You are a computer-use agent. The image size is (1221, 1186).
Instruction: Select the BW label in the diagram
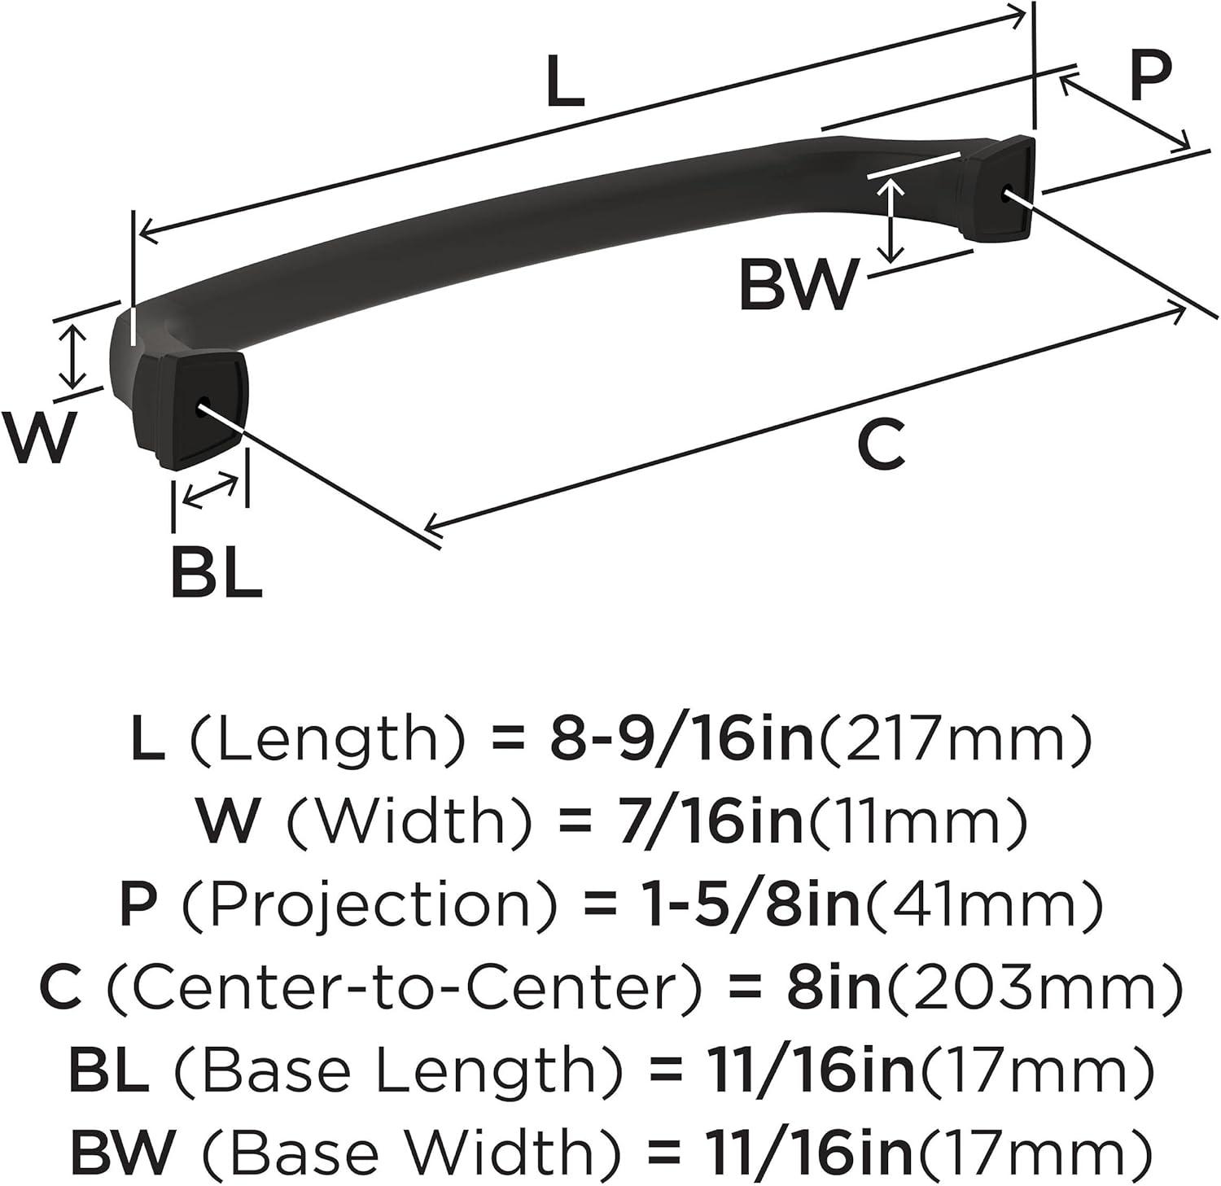point(799,284)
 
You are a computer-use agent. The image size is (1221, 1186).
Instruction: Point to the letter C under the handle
point(882,445)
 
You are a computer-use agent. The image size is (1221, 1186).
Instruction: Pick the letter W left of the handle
point(39,436)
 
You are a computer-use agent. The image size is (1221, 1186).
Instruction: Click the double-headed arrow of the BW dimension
point(893,220)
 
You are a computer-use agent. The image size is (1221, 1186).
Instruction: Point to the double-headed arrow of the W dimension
point(74,356)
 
